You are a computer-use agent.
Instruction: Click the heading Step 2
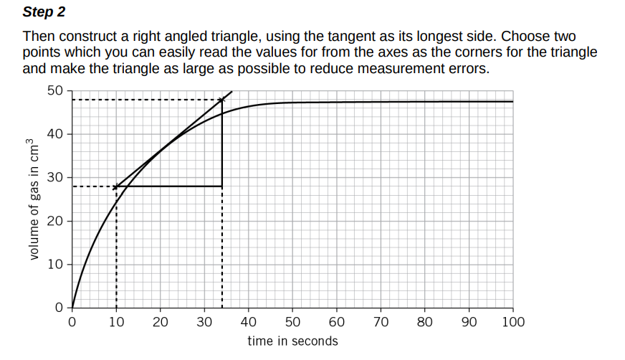pyautogui.click(x=43, y=11)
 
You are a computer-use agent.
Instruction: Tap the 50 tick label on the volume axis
pyautogui.click(x=54, y=90)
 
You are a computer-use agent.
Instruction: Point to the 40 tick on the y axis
pyautogui.click(x=54, y=134)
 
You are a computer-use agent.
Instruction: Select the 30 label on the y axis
pyautogui.click(x=54, y=177)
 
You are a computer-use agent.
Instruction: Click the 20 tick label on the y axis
pyautogui.click(x=54, y=221)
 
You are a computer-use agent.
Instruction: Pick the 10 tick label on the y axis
pyautogui.click(x=54, y=265)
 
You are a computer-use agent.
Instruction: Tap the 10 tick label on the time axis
pyautogui.click(x=116, y=322)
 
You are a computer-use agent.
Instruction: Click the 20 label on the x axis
pyautogui.click(x=161, y=322)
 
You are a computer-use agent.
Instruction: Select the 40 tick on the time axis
pyautogui.click(x=249, y=322)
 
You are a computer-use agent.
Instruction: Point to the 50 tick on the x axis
pyautogui.click(x=293, y=322)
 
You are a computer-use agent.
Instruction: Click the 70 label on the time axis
pyautogui.click(x=381, y=322)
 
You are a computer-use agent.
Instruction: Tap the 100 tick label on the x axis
pyautogui.click(x=513, y=322)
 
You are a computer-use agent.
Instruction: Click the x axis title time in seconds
pyautogui.click(x=292, y=341)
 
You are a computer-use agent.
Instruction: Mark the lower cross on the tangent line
pyautogui.click(x=116, y=186)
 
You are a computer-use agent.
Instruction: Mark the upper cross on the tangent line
pyautogui.click(x=222, y=99)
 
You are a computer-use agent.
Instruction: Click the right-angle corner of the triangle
pyautogui.click(x=222, y=186)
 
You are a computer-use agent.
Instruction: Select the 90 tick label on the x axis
pyautogui.click(x=469, y=322)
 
